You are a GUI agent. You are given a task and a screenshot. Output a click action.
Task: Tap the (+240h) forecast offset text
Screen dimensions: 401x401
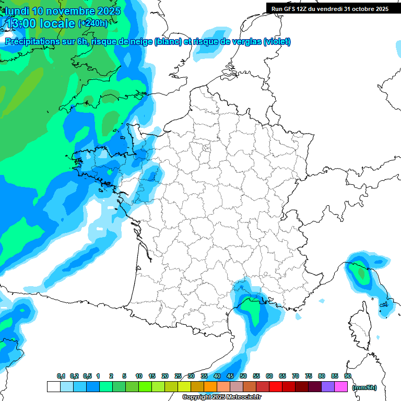[93, 23]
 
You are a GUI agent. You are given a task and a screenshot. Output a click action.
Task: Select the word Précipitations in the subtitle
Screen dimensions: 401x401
[31, 42]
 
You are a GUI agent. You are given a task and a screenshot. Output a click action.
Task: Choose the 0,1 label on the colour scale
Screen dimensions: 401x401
[61, 376]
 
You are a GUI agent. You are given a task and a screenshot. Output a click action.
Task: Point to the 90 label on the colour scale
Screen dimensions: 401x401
[347, 376]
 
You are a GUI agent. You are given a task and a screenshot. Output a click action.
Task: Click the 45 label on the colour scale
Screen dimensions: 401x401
[230, 376]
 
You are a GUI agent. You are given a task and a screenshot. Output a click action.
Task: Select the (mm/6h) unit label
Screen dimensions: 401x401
[364, 387]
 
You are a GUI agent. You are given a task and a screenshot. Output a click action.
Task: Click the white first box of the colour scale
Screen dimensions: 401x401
[53, 387]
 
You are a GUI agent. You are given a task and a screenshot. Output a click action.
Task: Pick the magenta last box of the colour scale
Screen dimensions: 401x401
[341, 387]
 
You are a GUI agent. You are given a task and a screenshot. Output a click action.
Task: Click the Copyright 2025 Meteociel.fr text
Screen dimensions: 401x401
[222, 397]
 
